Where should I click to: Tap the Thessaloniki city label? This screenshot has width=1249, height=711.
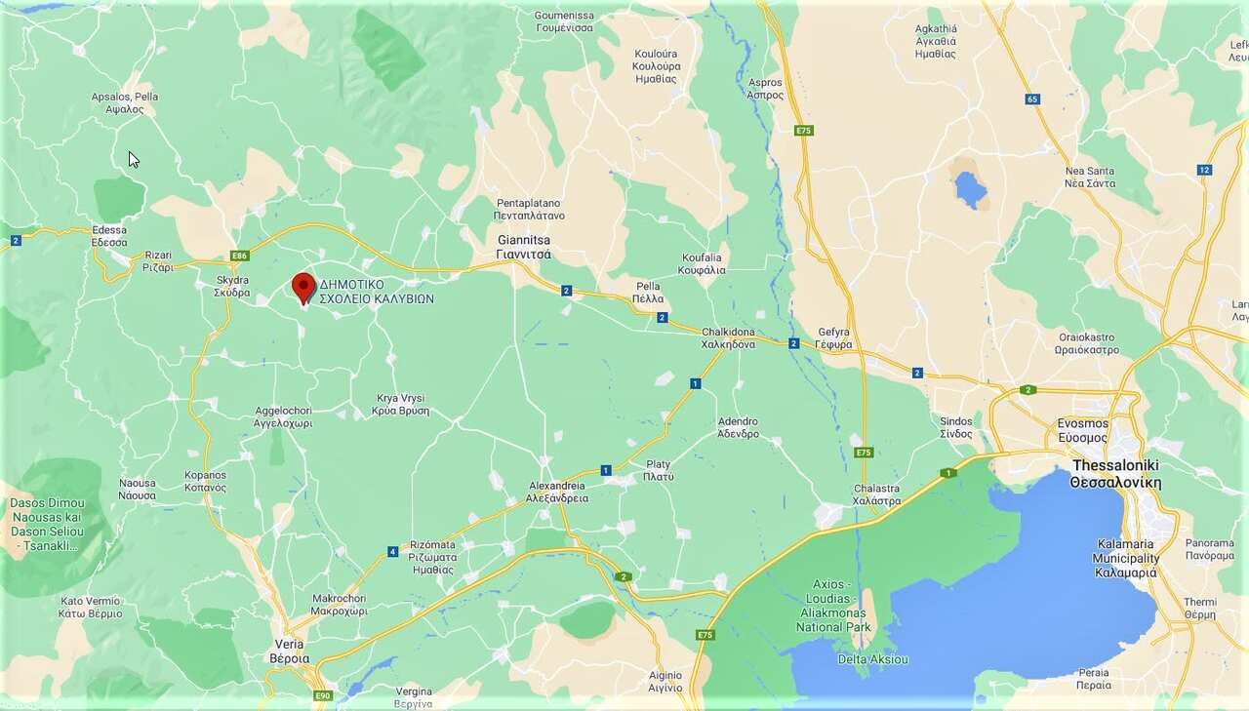point(1115,474)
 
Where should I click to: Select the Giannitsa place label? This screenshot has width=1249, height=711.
point(524,246)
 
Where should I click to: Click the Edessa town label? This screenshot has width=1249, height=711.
point(109,236)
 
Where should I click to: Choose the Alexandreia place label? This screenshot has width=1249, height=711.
point(557,492)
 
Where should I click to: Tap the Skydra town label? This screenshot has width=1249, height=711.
point(232,287)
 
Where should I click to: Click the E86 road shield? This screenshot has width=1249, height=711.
point(239,256)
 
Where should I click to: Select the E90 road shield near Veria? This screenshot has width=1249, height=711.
point(323,695)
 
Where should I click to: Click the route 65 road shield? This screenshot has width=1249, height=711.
point(1032,99)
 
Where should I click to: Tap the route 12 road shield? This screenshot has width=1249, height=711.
point(1204,170)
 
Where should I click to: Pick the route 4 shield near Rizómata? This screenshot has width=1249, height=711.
point(392,552)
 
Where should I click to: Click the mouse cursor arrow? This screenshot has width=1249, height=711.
point(133,159)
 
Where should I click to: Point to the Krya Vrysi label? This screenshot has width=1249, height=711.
point(400,405)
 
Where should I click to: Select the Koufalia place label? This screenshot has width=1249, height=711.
point(703,263)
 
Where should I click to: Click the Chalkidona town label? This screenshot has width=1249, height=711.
point(729,338)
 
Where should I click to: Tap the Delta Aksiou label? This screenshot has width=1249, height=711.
point(872,659)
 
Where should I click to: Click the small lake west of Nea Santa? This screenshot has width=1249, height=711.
point(970,188)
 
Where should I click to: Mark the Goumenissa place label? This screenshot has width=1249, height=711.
point(564,21)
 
